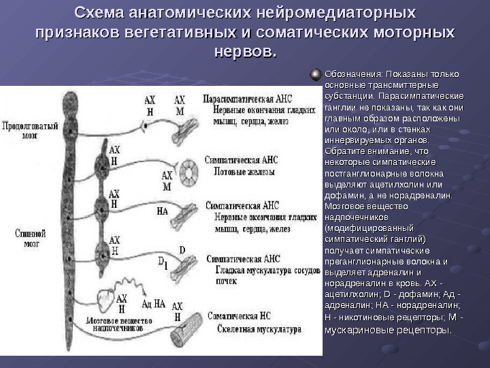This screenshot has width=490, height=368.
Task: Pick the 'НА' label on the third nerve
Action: point(162,211)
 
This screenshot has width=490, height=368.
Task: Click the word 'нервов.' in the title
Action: point(245,52)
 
